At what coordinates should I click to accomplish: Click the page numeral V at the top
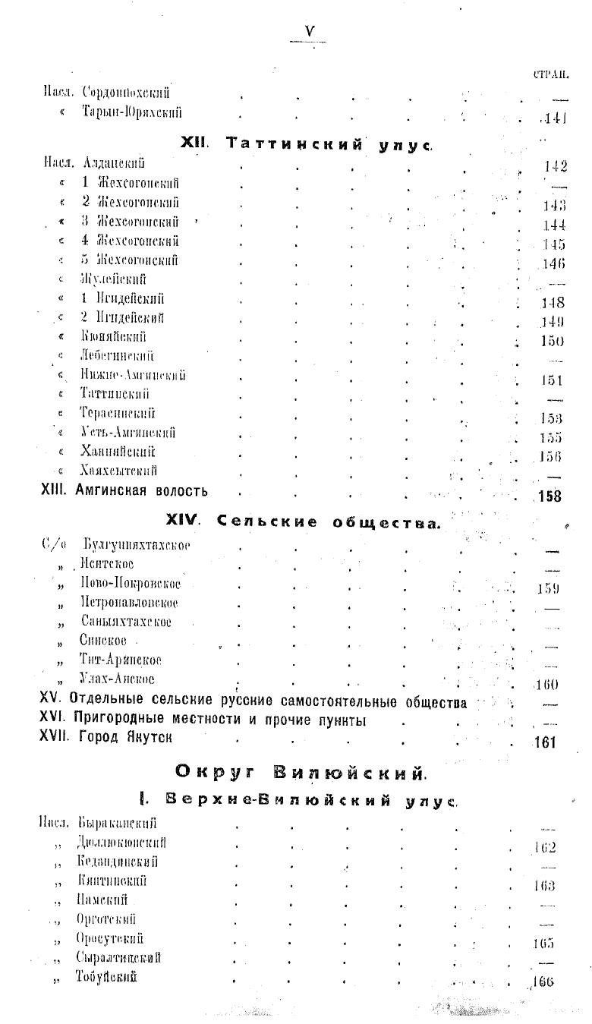[x=309, y=31]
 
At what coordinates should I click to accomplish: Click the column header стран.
[x=551, y=74]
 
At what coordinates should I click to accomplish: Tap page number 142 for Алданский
[x=556, y=168]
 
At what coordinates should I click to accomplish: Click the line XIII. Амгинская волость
[x=124, y=491]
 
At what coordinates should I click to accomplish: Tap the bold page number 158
[x=549, y=497]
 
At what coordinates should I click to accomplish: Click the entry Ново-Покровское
[x=130, y=584]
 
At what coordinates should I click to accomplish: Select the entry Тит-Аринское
[x=121, y=660]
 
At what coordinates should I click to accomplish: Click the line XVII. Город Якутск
[x=111, y=737]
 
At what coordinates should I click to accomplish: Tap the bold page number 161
[x=545, y=742]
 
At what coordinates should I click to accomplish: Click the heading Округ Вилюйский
[x=300, y=772]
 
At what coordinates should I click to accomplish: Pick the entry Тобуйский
[x=106, y=976]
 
